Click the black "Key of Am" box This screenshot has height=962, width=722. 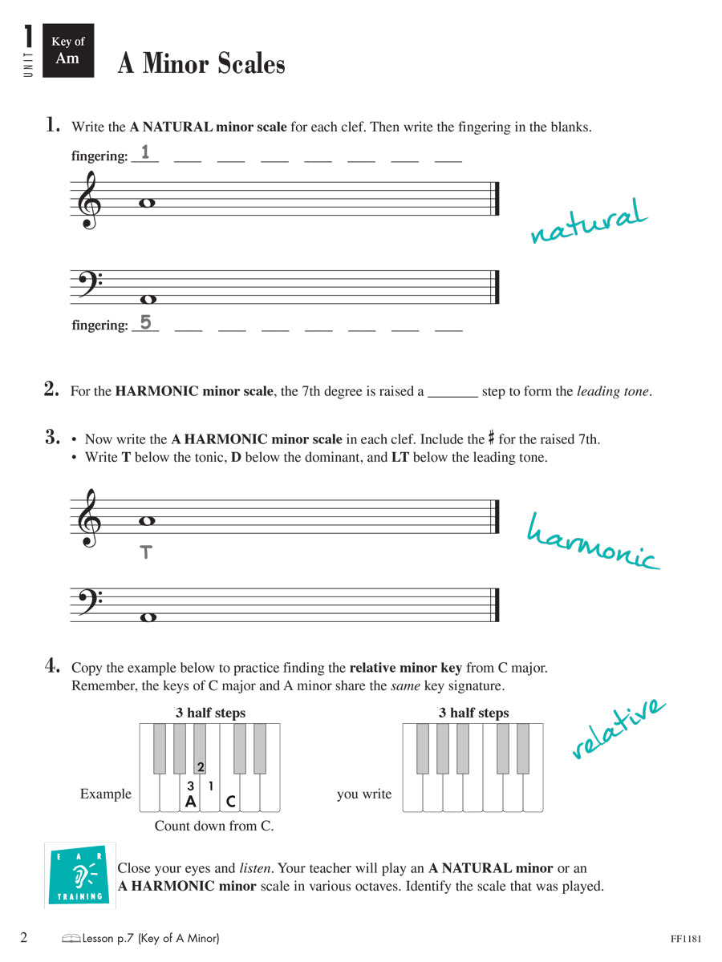coord(67,50)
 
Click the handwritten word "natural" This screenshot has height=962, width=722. coord(588,220)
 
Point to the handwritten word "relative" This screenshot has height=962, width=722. coord(619,728)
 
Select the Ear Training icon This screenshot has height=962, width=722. coord(80,875)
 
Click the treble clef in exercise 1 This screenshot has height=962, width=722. coord(89,200)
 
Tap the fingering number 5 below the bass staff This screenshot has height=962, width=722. coord(145,322)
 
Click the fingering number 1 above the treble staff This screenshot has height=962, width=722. coord(145,152)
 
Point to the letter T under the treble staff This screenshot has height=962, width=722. coord(145,552)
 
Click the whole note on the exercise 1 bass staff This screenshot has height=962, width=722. coord(147,299)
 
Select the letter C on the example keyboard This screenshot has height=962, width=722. coord(230,800)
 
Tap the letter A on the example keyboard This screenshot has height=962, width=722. coord(190,800)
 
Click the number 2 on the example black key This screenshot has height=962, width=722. coord(201,767)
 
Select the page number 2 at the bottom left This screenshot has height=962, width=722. coord(24,937)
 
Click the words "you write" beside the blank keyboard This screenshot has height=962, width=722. coord(364,794)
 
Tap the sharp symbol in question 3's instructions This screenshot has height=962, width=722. coord(491,439)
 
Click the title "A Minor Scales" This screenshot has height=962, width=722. coord(201,63)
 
